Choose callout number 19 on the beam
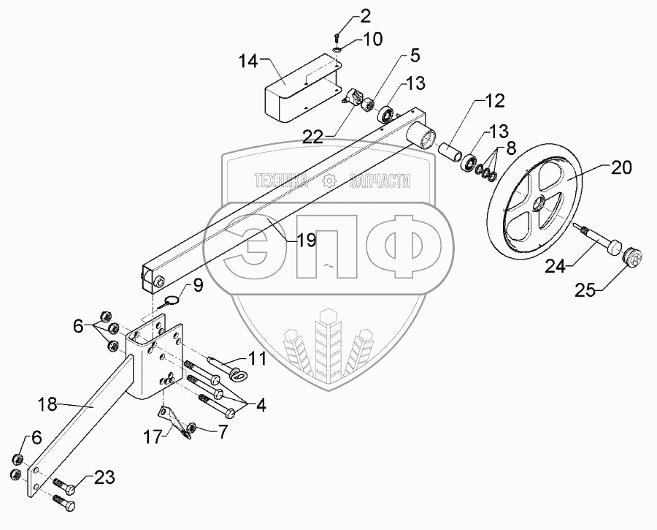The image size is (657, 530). (x=306, y=239)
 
